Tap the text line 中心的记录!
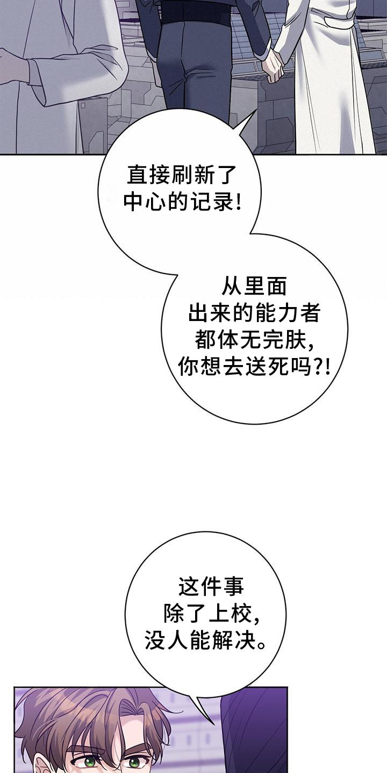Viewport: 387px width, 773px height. (183, 202)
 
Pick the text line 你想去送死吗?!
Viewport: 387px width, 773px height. (254, 368)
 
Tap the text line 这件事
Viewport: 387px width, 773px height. (211, 586)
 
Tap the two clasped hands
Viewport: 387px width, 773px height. (273, 63)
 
